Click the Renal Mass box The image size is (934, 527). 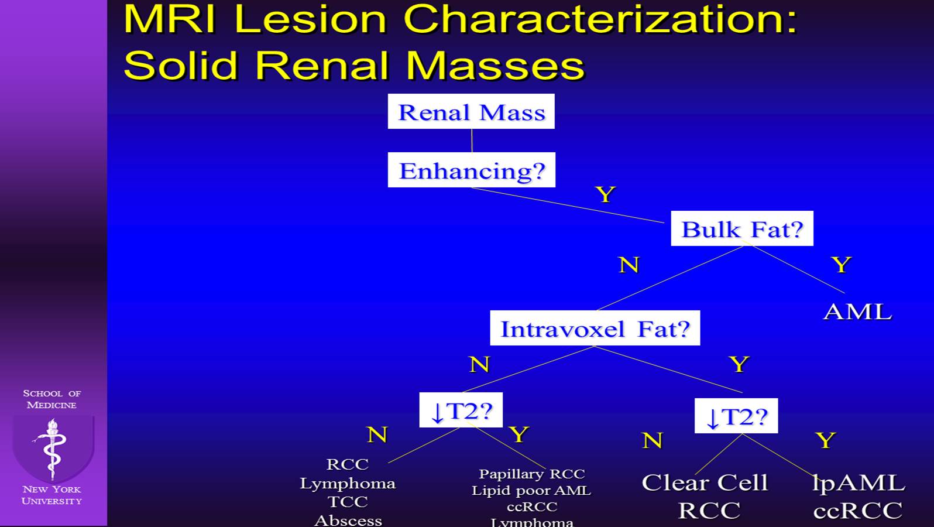[x=471, y=111]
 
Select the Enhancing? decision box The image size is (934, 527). [x=471, y=170]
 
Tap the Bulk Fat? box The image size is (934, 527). [x=741, y=228]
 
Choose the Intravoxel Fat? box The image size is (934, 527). [x=595, y=328]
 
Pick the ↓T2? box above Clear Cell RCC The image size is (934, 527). [x=736, y=416]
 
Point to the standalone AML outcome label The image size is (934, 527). [x=857, y=312]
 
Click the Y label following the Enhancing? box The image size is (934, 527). [x=605, y=194]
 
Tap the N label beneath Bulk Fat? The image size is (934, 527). [x=629, y=265]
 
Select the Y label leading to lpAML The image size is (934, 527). [x=825, y=440]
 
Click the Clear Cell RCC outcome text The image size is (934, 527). [x=705, y=495]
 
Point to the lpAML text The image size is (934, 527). [x=858, y=482]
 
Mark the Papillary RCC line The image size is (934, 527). [x=531, y=474]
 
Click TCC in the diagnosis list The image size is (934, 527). [x=348, y=502]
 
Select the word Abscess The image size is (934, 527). [x=348, y=520]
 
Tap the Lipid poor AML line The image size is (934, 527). [x=531, y=491]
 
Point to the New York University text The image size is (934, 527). [x=51, y=495]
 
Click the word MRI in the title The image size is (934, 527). [x=170, y=19]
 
